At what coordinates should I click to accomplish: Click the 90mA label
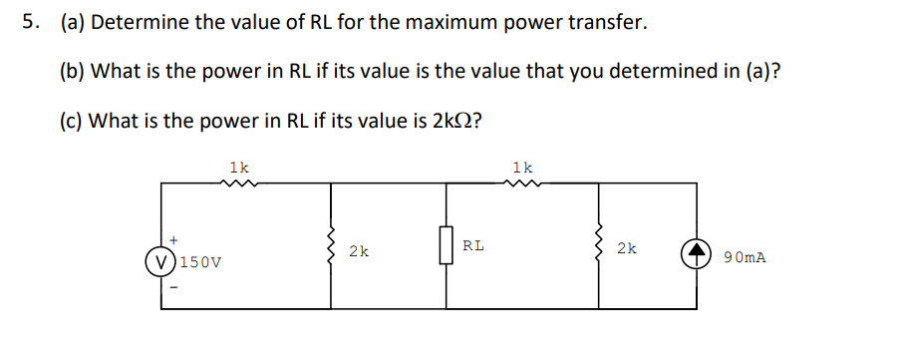pyautogui.click(x=746, y=257)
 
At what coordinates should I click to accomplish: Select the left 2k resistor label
pyautogui.click(x=359, y=252)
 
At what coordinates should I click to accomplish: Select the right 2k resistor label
pyautogui.click(x=626, y=247)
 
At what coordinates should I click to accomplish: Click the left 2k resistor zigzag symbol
pyautogui.click(x=332, y=246)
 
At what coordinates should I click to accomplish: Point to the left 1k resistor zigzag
pyautogui.click(x=239, y=183)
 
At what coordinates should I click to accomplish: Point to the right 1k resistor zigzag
pyautogui.click(x=522, y=183)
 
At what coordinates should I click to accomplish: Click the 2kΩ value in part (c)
pyautogui.click(x=443, y=122)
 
